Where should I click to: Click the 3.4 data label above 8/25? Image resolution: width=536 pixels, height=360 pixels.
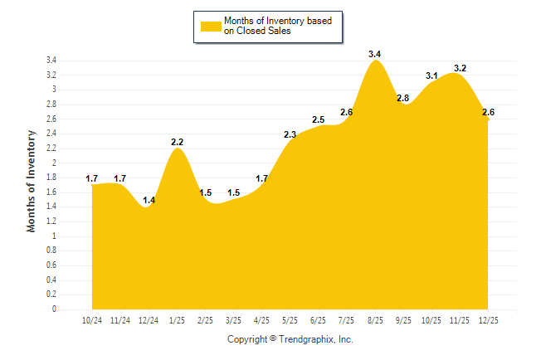375,54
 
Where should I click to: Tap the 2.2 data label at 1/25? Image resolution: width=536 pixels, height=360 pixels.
177,142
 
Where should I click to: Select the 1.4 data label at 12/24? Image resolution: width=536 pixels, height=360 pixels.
149,200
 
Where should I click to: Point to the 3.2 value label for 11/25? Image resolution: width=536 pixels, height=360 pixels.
460,68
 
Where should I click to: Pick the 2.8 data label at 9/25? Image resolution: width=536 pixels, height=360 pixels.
403,98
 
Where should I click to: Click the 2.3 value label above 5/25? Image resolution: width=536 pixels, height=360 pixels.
290,134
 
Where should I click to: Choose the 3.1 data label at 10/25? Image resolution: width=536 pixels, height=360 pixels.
431,75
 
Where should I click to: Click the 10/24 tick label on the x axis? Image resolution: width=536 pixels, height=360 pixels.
92,320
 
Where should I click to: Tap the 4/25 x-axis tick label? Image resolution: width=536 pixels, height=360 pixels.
261,320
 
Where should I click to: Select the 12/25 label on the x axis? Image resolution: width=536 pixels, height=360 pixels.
488,320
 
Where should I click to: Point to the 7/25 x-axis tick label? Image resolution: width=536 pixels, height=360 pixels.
347,320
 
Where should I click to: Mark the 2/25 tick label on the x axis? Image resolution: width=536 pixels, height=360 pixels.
205,320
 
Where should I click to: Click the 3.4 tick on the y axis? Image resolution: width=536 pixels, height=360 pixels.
51,61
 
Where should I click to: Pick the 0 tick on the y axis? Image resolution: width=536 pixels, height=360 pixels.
54,309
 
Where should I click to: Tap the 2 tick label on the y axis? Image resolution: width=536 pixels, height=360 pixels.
54,163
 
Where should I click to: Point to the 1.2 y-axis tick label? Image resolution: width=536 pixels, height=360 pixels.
51,221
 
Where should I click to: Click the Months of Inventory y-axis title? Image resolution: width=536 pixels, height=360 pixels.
32,181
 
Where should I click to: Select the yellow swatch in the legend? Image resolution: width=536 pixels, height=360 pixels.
210,27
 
